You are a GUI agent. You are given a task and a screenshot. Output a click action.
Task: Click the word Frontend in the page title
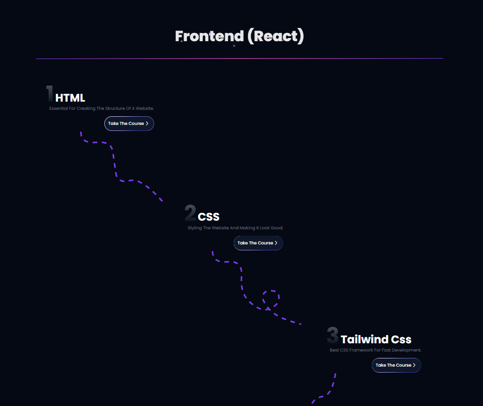point(209,36)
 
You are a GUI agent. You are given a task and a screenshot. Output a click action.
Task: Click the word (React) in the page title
point(275,36)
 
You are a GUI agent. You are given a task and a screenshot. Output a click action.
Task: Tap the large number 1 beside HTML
point(49,93)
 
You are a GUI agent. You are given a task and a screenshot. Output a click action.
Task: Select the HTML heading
point(70,98)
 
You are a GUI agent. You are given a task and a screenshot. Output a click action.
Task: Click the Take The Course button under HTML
point(129,124)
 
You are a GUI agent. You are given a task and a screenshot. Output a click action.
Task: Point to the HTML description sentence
point(102,108)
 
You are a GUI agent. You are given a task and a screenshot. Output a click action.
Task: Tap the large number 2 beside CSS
point(190,212)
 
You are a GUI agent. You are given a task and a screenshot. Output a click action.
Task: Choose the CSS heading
point(209,217)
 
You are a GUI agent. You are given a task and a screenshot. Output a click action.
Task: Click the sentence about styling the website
point(235,228)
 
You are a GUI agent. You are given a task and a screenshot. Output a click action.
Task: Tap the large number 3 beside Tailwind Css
point(333,335)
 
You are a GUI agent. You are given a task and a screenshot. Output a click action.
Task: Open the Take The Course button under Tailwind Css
point(396,365)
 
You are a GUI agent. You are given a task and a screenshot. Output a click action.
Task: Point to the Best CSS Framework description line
point(376,350)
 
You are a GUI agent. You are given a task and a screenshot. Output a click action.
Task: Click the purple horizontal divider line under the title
point(240,59)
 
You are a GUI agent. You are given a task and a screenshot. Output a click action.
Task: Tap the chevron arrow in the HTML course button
point(147,124)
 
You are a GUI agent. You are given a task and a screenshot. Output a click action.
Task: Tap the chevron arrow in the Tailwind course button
point(414,365)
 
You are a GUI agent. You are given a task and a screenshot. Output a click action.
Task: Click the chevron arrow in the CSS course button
point(276,243)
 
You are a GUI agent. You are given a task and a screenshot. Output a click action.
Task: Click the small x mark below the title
point(234,46)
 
